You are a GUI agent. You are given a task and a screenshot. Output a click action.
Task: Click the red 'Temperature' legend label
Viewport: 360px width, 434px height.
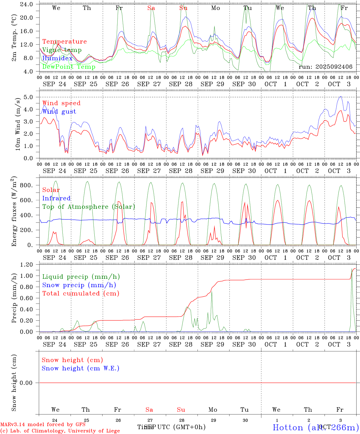coord(64,42)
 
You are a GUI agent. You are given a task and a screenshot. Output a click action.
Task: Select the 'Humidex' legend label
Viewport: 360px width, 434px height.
coord(57,58)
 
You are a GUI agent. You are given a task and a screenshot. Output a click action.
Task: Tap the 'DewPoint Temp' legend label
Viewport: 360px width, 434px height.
coord(69,67)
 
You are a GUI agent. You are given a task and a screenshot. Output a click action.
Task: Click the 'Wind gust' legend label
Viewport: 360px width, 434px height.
coord(59,112)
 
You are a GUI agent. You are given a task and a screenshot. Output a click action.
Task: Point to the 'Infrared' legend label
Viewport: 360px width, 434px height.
coord(56,198)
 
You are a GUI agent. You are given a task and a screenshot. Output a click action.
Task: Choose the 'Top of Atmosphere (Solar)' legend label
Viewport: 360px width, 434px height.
coord(88,207)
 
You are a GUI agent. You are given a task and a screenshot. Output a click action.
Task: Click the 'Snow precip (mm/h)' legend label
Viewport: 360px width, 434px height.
coord(79,285)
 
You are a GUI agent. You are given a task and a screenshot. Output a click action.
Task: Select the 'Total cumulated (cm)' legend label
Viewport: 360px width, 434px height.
coord(81,294)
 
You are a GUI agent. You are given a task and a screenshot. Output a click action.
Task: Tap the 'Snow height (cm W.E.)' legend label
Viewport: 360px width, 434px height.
coord(80,368)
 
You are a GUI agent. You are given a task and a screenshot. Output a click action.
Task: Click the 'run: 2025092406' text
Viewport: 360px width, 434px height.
coord(325,67)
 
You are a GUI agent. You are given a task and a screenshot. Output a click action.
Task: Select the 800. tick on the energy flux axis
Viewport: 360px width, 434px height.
coord(26,185)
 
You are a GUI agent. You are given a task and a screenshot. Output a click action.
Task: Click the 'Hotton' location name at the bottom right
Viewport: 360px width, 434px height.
coord(288,427)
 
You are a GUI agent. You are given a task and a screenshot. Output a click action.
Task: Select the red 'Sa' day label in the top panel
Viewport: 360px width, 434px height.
coord(151,8)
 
